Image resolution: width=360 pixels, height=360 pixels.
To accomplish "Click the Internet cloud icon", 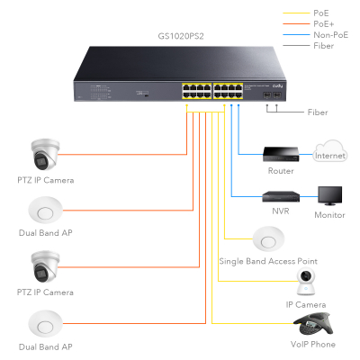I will point(329,155).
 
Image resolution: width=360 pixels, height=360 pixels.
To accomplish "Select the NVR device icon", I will point(279,195).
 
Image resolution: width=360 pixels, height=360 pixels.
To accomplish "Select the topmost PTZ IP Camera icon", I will point(45,155).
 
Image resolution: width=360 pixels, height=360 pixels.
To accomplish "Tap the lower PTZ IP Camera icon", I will point(45,266).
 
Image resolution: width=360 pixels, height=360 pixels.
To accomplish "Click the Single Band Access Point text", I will point(267,262).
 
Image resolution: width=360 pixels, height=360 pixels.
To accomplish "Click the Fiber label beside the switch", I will point(316,112).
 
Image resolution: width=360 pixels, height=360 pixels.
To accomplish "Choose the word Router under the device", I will point(280,171).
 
